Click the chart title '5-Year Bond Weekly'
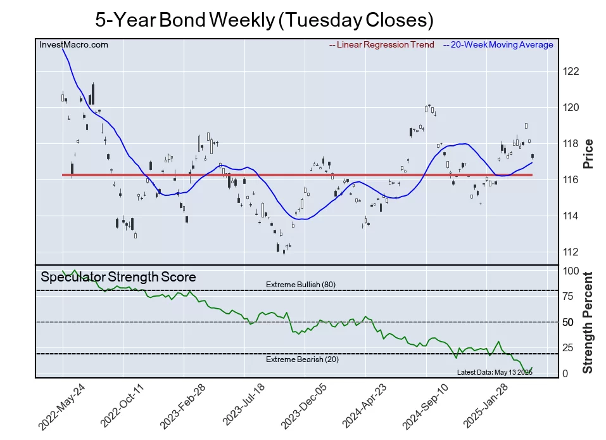click(264, 20)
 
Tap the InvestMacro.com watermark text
click(73, 45)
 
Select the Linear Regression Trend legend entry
click(382, 45)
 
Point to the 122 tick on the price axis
click(571, 71)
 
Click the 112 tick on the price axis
click(571, 252)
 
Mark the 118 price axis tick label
click(571, 143)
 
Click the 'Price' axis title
click(588, 153)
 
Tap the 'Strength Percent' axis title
click(588, 322)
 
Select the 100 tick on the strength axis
click(571, 271)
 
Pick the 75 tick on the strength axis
click(568, 296)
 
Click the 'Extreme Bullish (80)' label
click(301, 284)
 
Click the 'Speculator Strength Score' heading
click(118, 277)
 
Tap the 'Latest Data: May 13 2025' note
click(495, 372)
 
